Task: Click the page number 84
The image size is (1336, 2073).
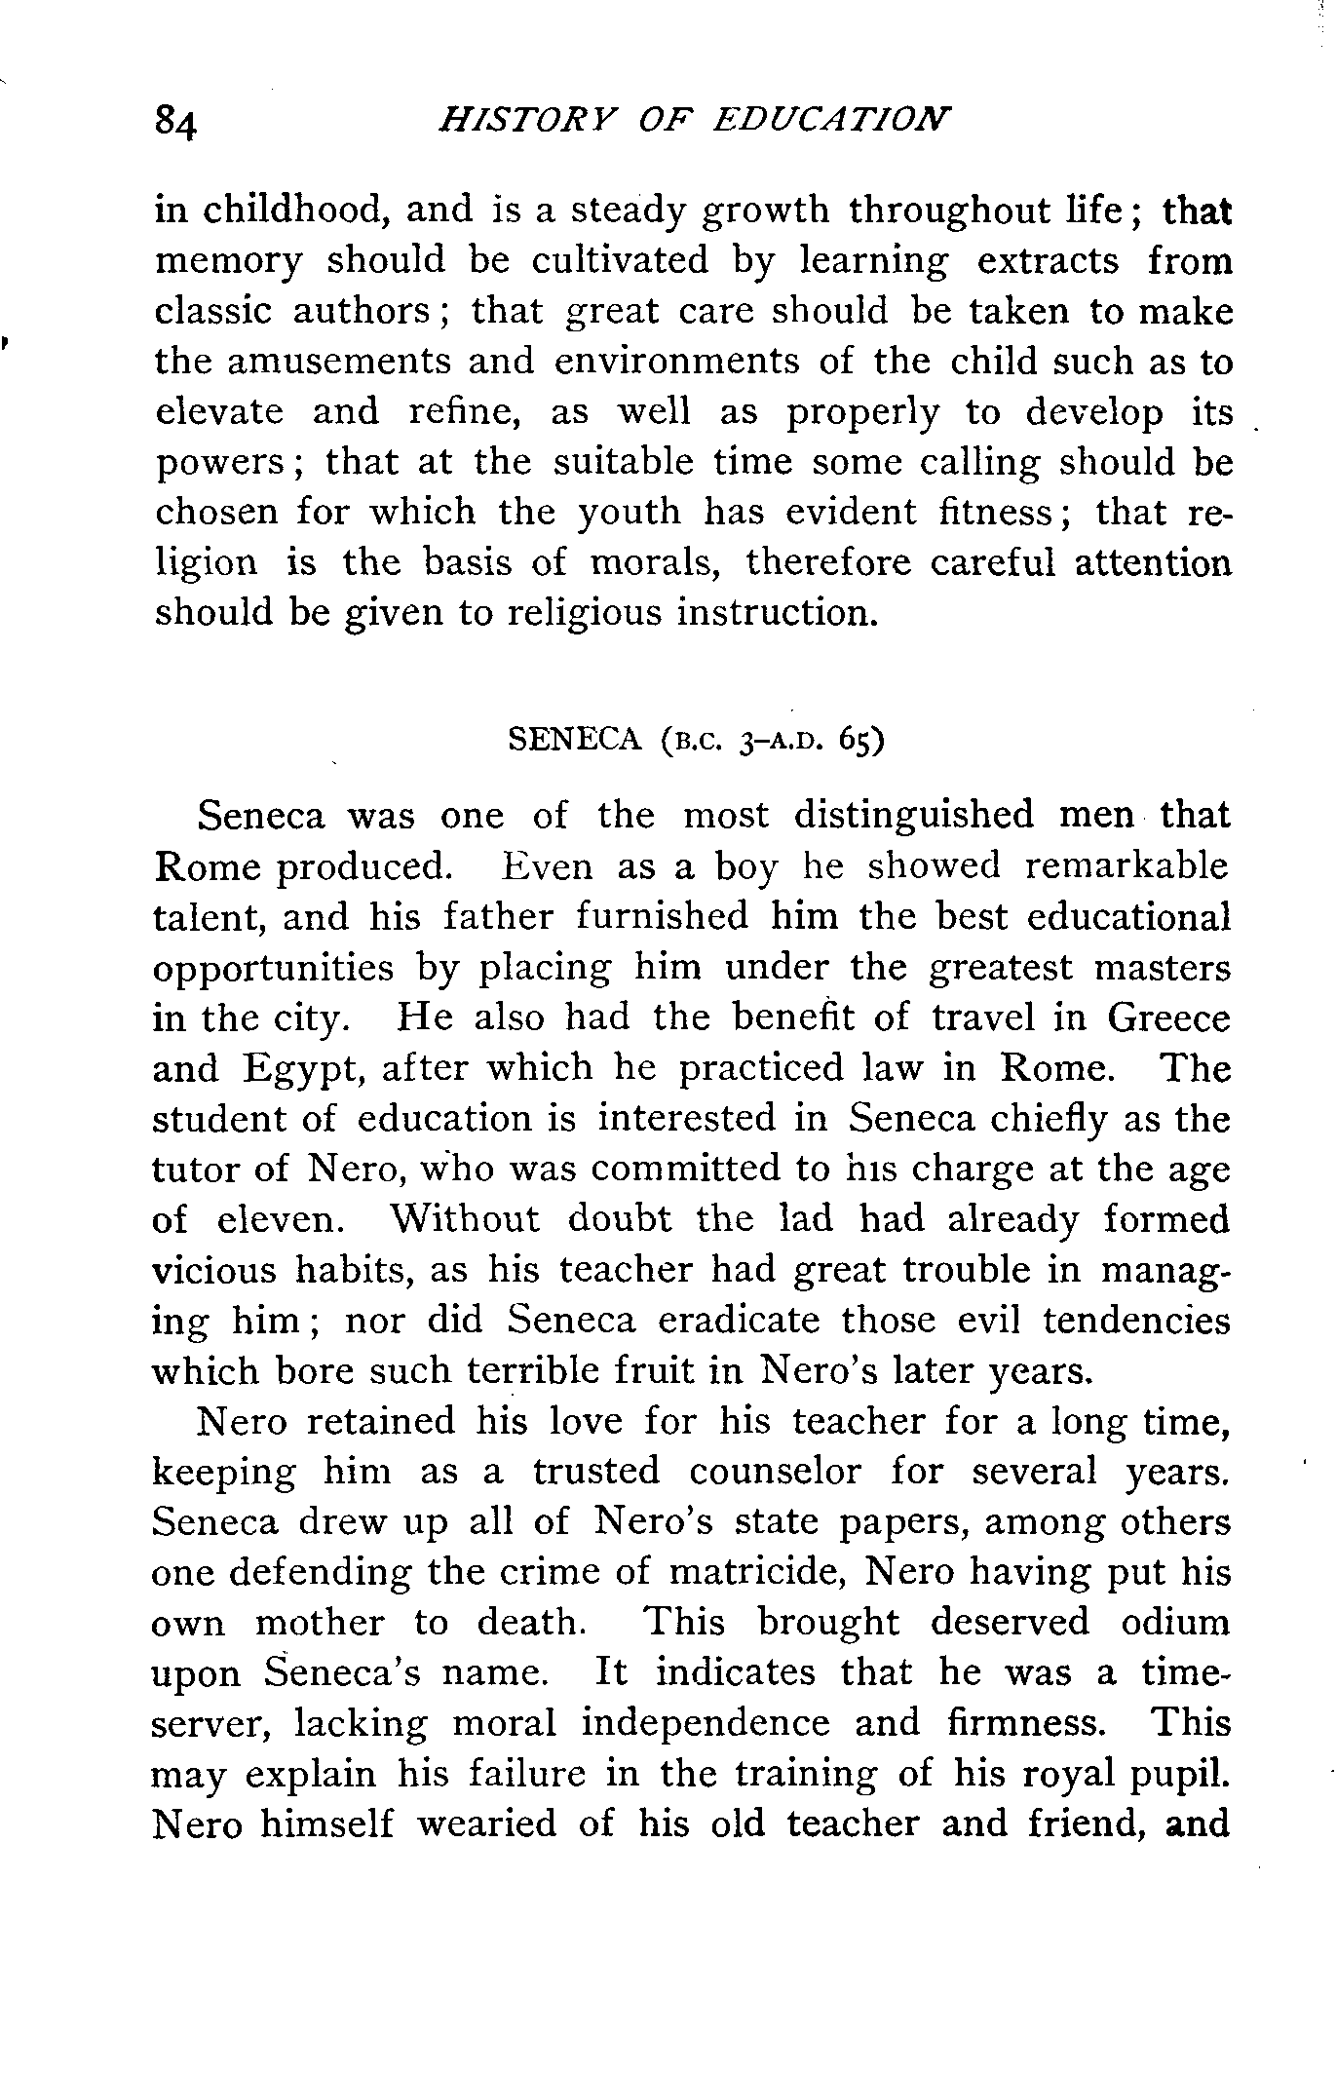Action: click(x=175, y=123)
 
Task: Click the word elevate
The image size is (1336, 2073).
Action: click(x=219, y=411)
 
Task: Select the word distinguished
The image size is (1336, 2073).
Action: click(x=913, y=816)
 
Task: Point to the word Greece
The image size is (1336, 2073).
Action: click(x=1168, y=1018)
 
